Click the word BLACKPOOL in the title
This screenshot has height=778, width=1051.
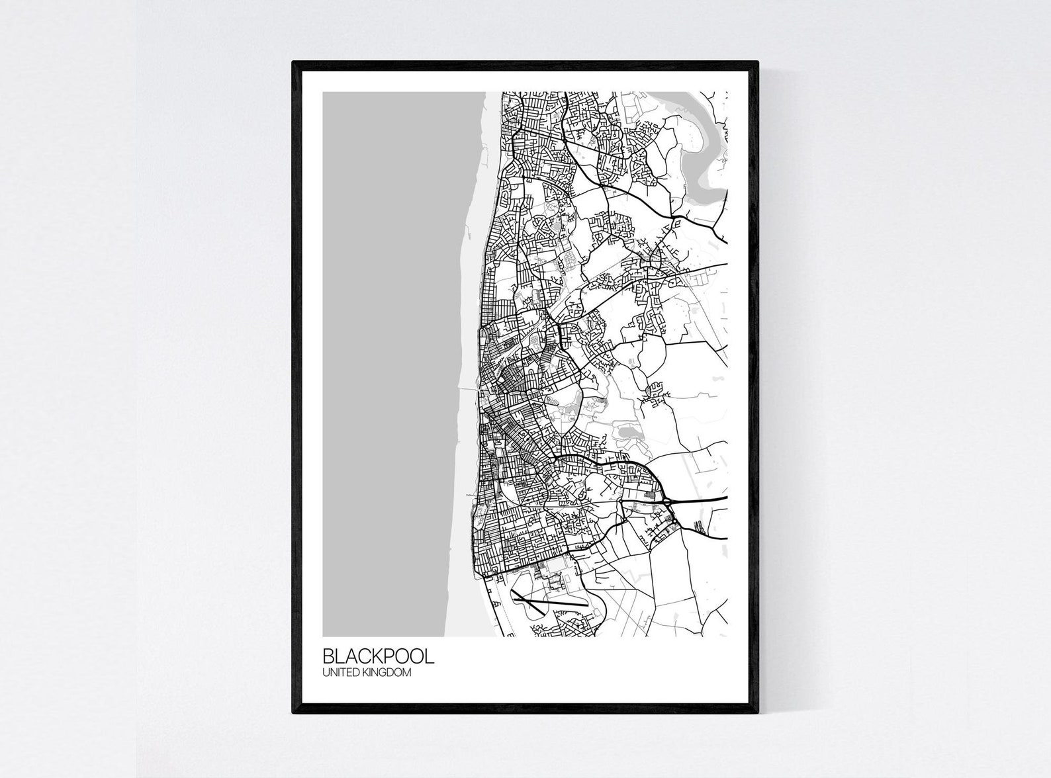tap(379, 656)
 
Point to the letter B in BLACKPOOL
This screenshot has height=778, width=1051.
tap(328, 656)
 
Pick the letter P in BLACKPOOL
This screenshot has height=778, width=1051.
tap(387, 656)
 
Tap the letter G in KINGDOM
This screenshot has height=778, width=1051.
tap(387, 673)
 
